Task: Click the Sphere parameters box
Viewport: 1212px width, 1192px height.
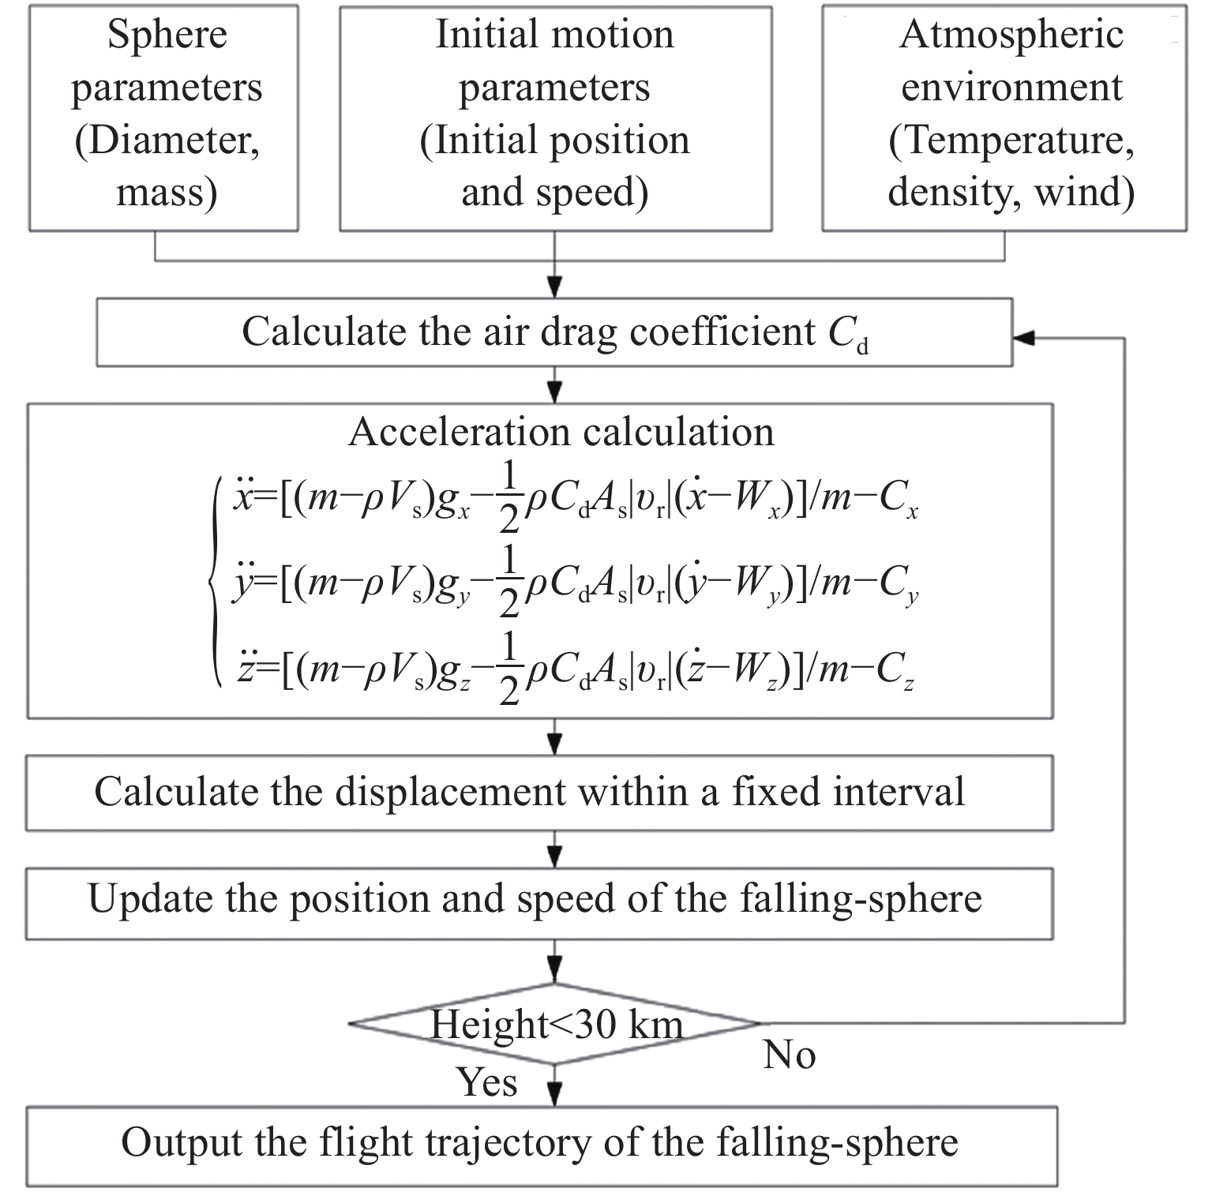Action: click(163, 118)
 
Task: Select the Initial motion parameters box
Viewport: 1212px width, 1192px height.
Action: click(555, 118)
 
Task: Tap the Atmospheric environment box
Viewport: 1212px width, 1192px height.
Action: click(1004, 118)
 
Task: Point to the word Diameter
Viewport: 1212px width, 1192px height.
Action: click(167, 141)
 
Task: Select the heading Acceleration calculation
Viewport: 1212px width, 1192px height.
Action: click(561, 432)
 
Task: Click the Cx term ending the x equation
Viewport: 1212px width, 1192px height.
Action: click(899, 502)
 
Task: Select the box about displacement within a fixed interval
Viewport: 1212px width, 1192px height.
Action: click(539, 793)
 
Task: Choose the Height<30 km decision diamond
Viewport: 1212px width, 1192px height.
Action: click(555, 1024)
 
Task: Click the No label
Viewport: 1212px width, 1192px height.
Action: click(790, 1055)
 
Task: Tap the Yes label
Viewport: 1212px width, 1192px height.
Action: click(488, 1081)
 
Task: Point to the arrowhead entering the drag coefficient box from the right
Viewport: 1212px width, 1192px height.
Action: click(1023, 338)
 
